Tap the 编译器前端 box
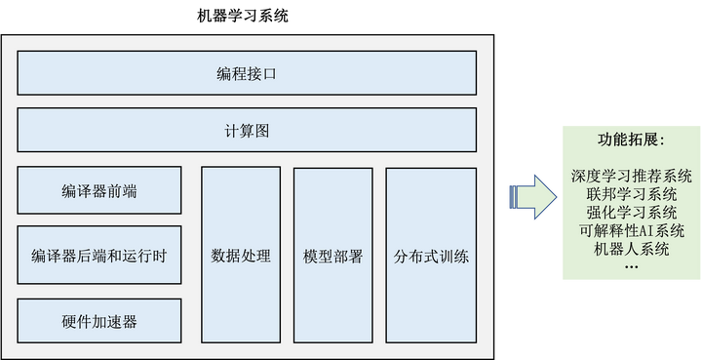coord(99,191)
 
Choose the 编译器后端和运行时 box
coord(99,257)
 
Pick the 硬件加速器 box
coord(99,321)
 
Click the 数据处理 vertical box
coord(241,257)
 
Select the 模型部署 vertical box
coord(333,257)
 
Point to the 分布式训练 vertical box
coord(431,257)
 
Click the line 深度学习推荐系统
coord(631,178)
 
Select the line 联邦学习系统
coord(631,195)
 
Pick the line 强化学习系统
coord(631,213)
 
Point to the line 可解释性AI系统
coord(631,230)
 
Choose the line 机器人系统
coord(631,248)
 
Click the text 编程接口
coord(247,73)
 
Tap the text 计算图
coord(247,130)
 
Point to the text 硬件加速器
coord(99,321)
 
